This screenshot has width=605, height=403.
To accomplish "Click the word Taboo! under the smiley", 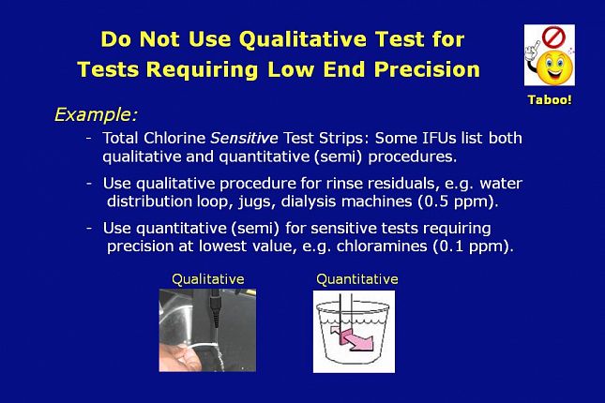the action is [550, 100].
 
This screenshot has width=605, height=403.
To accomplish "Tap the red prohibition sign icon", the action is [553, 37].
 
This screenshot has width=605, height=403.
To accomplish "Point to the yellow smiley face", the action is [554, 67].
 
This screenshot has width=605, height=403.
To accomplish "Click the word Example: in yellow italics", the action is [96, 114].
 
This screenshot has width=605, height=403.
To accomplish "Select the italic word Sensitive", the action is [244, 138].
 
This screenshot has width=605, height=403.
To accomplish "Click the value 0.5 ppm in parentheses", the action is [458, 201].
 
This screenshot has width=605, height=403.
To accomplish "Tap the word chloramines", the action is [382, 246].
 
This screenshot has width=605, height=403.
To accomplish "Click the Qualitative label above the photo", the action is [208, 279].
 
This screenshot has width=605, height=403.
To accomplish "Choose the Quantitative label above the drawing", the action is [357, 279].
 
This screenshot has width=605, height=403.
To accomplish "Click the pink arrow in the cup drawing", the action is [352, 338].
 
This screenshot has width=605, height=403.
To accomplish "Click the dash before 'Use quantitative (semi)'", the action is [89, 228].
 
